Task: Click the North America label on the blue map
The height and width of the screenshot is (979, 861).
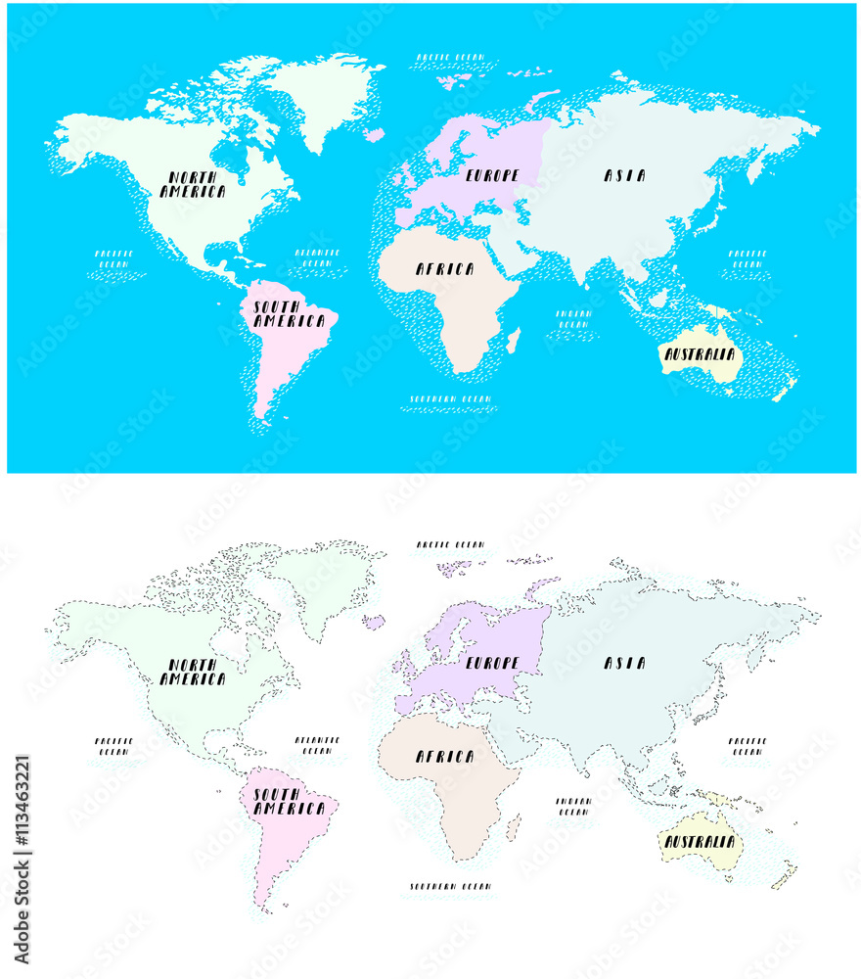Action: coord(193,184)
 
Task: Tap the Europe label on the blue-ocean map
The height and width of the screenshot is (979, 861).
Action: coord(492,176)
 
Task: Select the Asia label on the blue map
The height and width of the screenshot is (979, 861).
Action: coord(624,176)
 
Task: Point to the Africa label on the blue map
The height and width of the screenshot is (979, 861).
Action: coord(445,269)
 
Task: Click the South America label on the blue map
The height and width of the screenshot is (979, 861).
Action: coord(289,314)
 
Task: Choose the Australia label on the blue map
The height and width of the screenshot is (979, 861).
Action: coord(700,355)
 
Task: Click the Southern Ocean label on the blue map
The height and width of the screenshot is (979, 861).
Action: coord(450,399)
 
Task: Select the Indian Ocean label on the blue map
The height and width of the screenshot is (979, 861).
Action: coord(573,319)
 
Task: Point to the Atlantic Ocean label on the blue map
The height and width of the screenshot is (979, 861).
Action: coord(317,257)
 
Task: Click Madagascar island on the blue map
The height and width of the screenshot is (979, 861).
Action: coord(514,341)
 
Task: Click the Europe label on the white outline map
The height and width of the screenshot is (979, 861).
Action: coord(492,664)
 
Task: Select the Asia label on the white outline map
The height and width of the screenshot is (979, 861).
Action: coord(624,664)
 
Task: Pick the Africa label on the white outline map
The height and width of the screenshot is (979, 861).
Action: coord(445,757)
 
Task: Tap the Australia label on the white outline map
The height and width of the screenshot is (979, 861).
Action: coord(700,842)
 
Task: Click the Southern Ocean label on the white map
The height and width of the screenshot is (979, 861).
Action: coord(450,887)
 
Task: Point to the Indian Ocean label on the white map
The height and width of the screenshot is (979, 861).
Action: coord(573,806)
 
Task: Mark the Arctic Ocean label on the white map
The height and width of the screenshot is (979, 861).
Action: coord(449,544)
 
